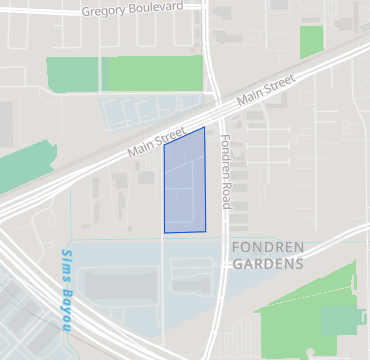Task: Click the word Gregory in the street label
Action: click(x=103, y=12)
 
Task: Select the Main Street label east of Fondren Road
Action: click(x=265, y=93)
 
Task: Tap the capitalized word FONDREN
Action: click(x=266, y=247)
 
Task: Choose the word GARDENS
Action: click(x=267, y=264)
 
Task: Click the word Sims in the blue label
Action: click(x=67, y=262)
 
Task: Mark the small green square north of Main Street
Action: click(x=312, y=42)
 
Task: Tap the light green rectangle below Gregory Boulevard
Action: click(x=153, y=74)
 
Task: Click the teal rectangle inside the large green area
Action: click(x=342, y=320)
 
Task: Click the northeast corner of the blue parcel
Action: click(x=204, y=128)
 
